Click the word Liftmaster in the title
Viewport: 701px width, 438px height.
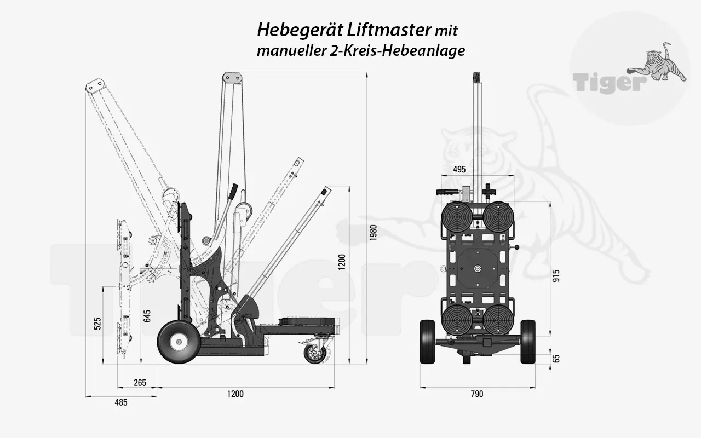[389, 29]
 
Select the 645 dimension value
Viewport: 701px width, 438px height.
[147, 316]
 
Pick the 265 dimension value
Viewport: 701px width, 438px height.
[140, 383]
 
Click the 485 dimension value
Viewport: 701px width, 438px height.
[121, 402]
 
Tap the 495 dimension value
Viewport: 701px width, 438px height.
[459, 170]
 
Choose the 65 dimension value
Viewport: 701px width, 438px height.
[556, 359]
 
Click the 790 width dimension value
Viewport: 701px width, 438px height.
[476, 394]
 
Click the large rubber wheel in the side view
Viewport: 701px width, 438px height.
[178, 342]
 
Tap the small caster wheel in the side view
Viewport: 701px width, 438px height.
[315, 353]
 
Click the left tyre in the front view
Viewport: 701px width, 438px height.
[427, 342]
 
